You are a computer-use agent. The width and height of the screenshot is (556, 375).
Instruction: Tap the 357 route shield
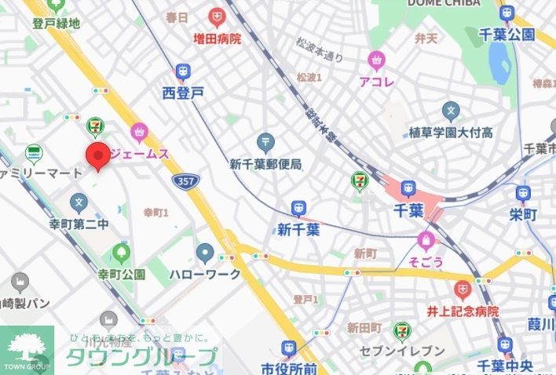tap(186, 180)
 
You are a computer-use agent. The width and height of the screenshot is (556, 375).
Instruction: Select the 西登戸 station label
tap(183, 93)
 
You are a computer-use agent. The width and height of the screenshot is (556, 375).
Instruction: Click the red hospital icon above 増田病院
tap(217, 16)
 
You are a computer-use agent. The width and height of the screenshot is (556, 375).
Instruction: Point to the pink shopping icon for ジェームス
tap(140, 133)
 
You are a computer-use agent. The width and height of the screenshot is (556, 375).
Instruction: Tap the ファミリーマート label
tap(41, 172)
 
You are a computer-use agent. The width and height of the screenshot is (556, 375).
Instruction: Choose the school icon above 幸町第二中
tap(78, 203)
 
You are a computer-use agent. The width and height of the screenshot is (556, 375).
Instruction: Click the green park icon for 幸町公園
tap(122, 253)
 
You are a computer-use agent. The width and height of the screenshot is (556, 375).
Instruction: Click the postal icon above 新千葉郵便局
tap(265, 144)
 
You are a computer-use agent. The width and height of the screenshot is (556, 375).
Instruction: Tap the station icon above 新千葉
tap(298, 209)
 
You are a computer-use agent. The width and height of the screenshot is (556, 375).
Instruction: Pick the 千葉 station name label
tap(408, 210)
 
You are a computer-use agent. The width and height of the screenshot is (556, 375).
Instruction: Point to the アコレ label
tap(376, 81)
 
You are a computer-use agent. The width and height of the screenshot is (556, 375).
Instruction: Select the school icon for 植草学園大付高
tap(451, 110)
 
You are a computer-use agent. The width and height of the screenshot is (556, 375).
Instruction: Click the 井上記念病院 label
tap(463, 311)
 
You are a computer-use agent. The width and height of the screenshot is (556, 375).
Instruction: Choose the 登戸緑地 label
tap(56, 24)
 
